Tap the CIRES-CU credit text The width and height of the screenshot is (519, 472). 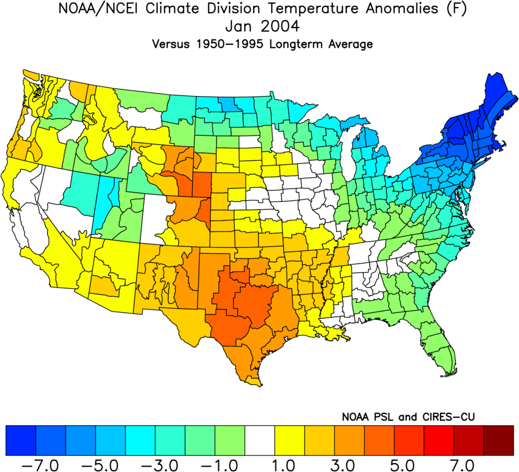tap(446, 417)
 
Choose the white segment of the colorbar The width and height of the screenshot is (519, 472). tap(260, 440)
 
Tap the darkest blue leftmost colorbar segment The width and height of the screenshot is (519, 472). tap(21, 440)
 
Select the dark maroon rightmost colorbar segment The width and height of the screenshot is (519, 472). tap(498, 440)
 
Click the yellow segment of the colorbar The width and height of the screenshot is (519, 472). tap(289, 440)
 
